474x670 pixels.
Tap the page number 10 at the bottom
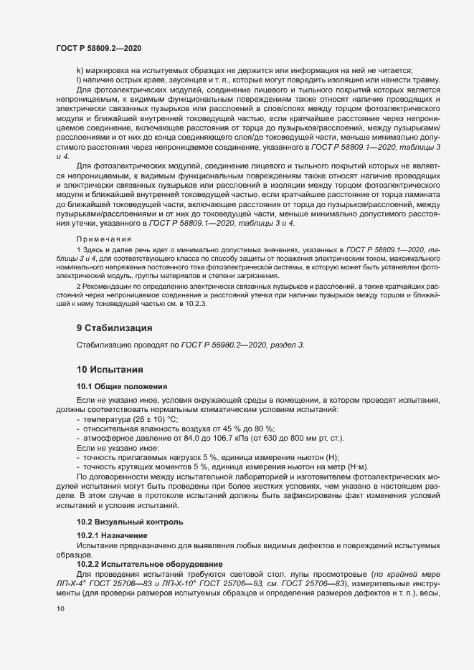60,608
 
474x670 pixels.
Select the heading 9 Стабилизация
114,328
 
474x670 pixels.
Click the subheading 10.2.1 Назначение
112,535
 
